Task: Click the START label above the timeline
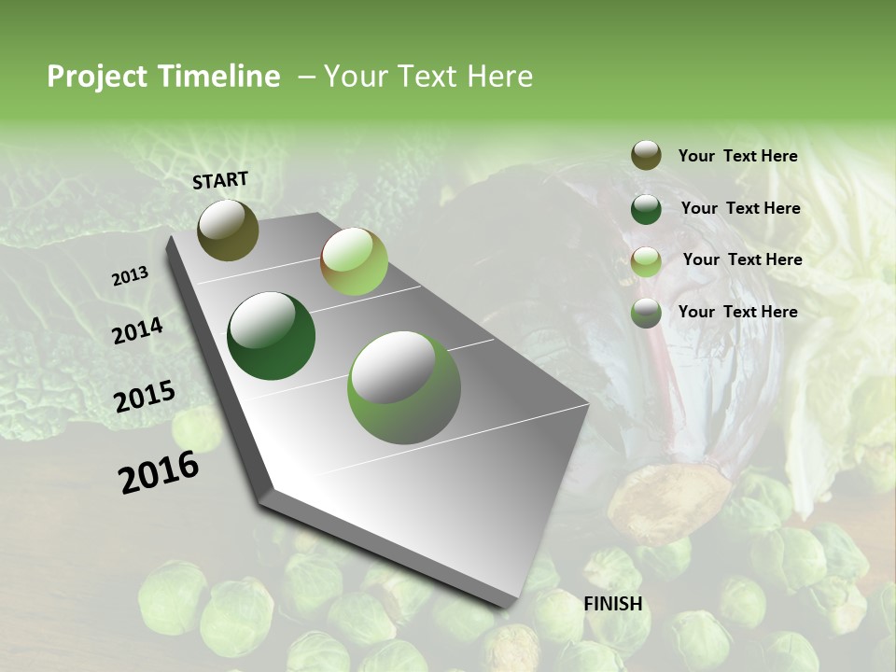click(220, 179)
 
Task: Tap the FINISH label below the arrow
click(612, 604)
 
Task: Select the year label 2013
click(130, 276)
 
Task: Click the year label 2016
click(159, 472)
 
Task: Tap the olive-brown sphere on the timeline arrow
click(228, 230)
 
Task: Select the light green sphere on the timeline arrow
click(354, 261)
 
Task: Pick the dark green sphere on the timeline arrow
click(271, 336)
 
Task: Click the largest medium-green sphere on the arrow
click(404, 387)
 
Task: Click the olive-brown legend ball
click(646, 155)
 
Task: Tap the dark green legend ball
click(646, 209)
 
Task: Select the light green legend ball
click(646, 261)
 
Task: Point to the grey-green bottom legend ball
click(646, 313)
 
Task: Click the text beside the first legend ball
click(737, 156)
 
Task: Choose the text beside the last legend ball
click(737, 312)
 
